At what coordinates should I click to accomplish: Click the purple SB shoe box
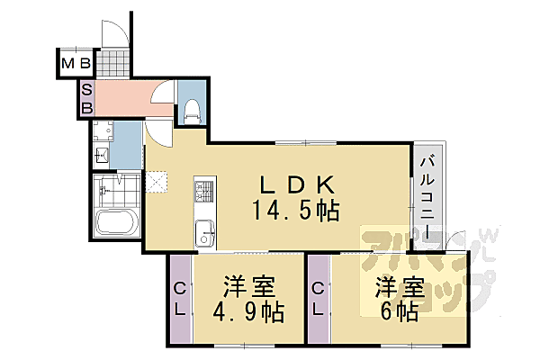click(x=87, y=98)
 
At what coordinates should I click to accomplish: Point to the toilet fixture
click(x=192, y=109)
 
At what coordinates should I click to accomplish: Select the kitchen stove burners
click(x=202, y=191)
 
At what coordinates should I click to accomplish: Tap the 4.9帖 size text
click(x=250, y=312)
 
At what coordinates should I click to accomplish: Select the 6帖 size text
click(x=399, y=312)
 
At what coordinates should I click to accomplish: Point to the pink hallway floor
click(x=126, y=97)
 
